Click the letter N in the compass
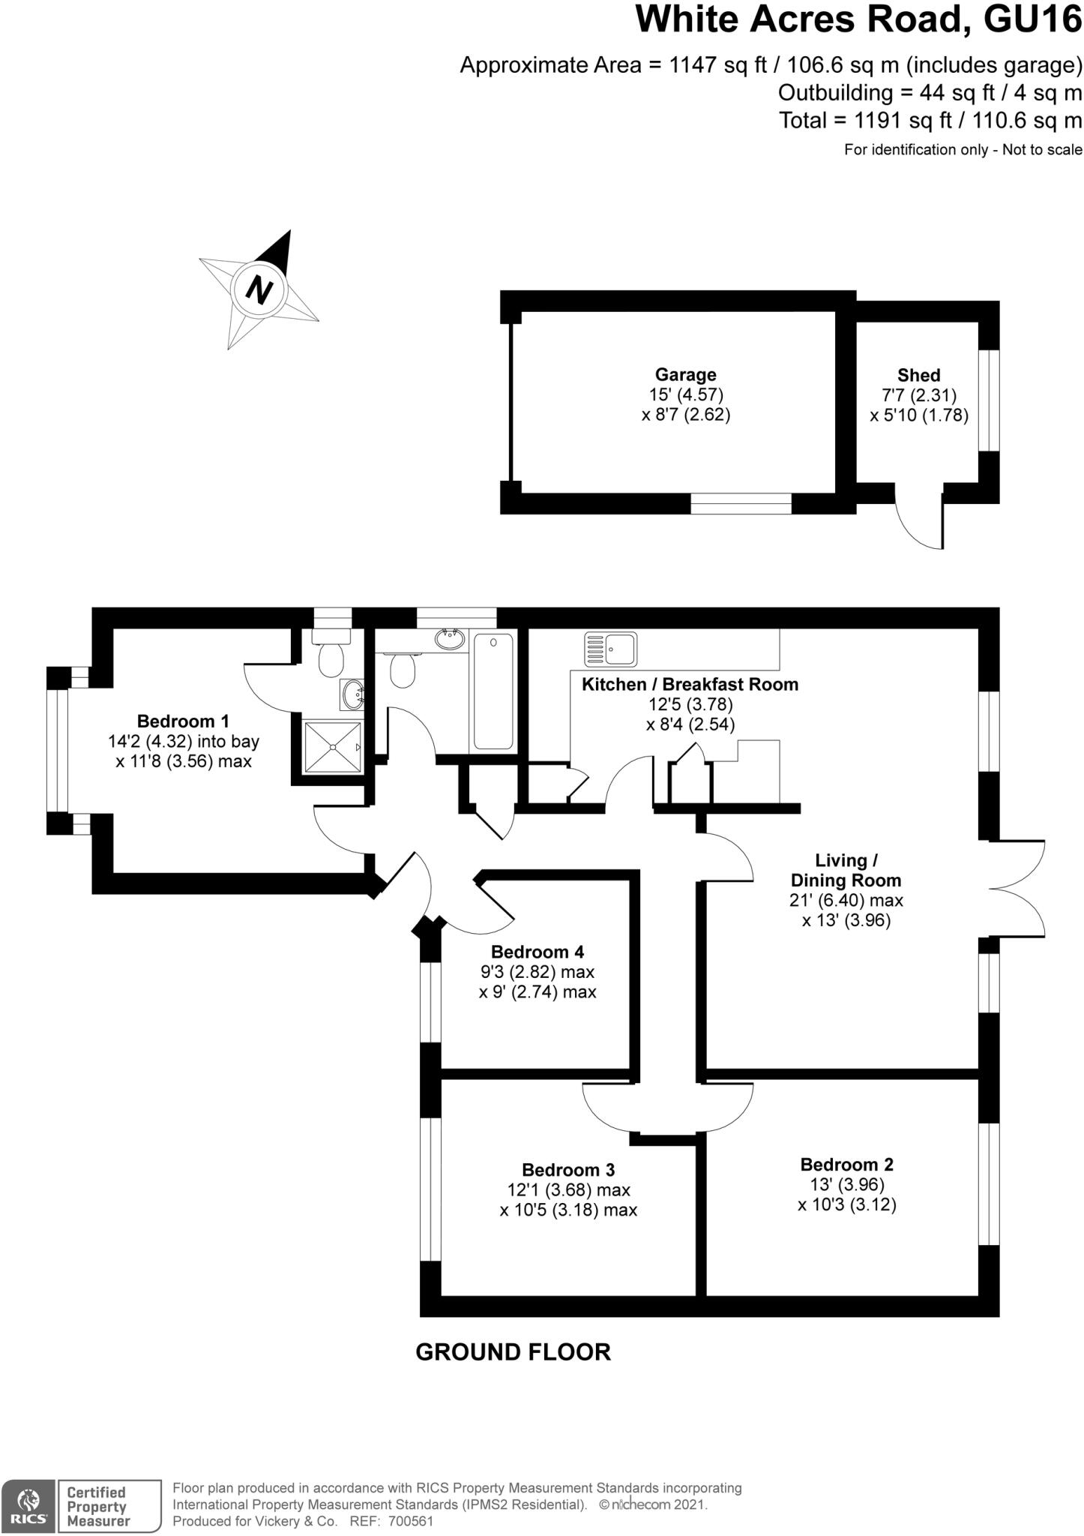(x=259, y=289)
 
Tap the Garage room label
(x=685, y=374)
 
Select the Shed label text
(x=918, y=375)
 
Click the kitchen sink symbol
(x=611, y=649)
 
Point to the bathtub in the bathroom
(x=493, y=690)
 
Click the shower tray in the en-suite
(x=332, y=747)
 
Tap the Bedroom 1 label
(x=183, y=721)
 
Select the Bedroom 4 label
(x=537, y=952)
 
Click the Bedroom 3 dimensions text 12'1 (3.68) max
(x=568, y=1189)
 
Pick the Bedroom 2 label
(x=846, y=1164)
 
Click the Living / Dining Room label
(x=846, y=870)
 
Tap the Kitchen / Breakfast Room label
(x=690, y=684)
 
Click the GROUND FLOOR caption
(x=513, y=1352)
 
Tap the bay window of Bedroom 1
(x=57, y=751)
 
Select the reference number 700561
(x=412, y=1522)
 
